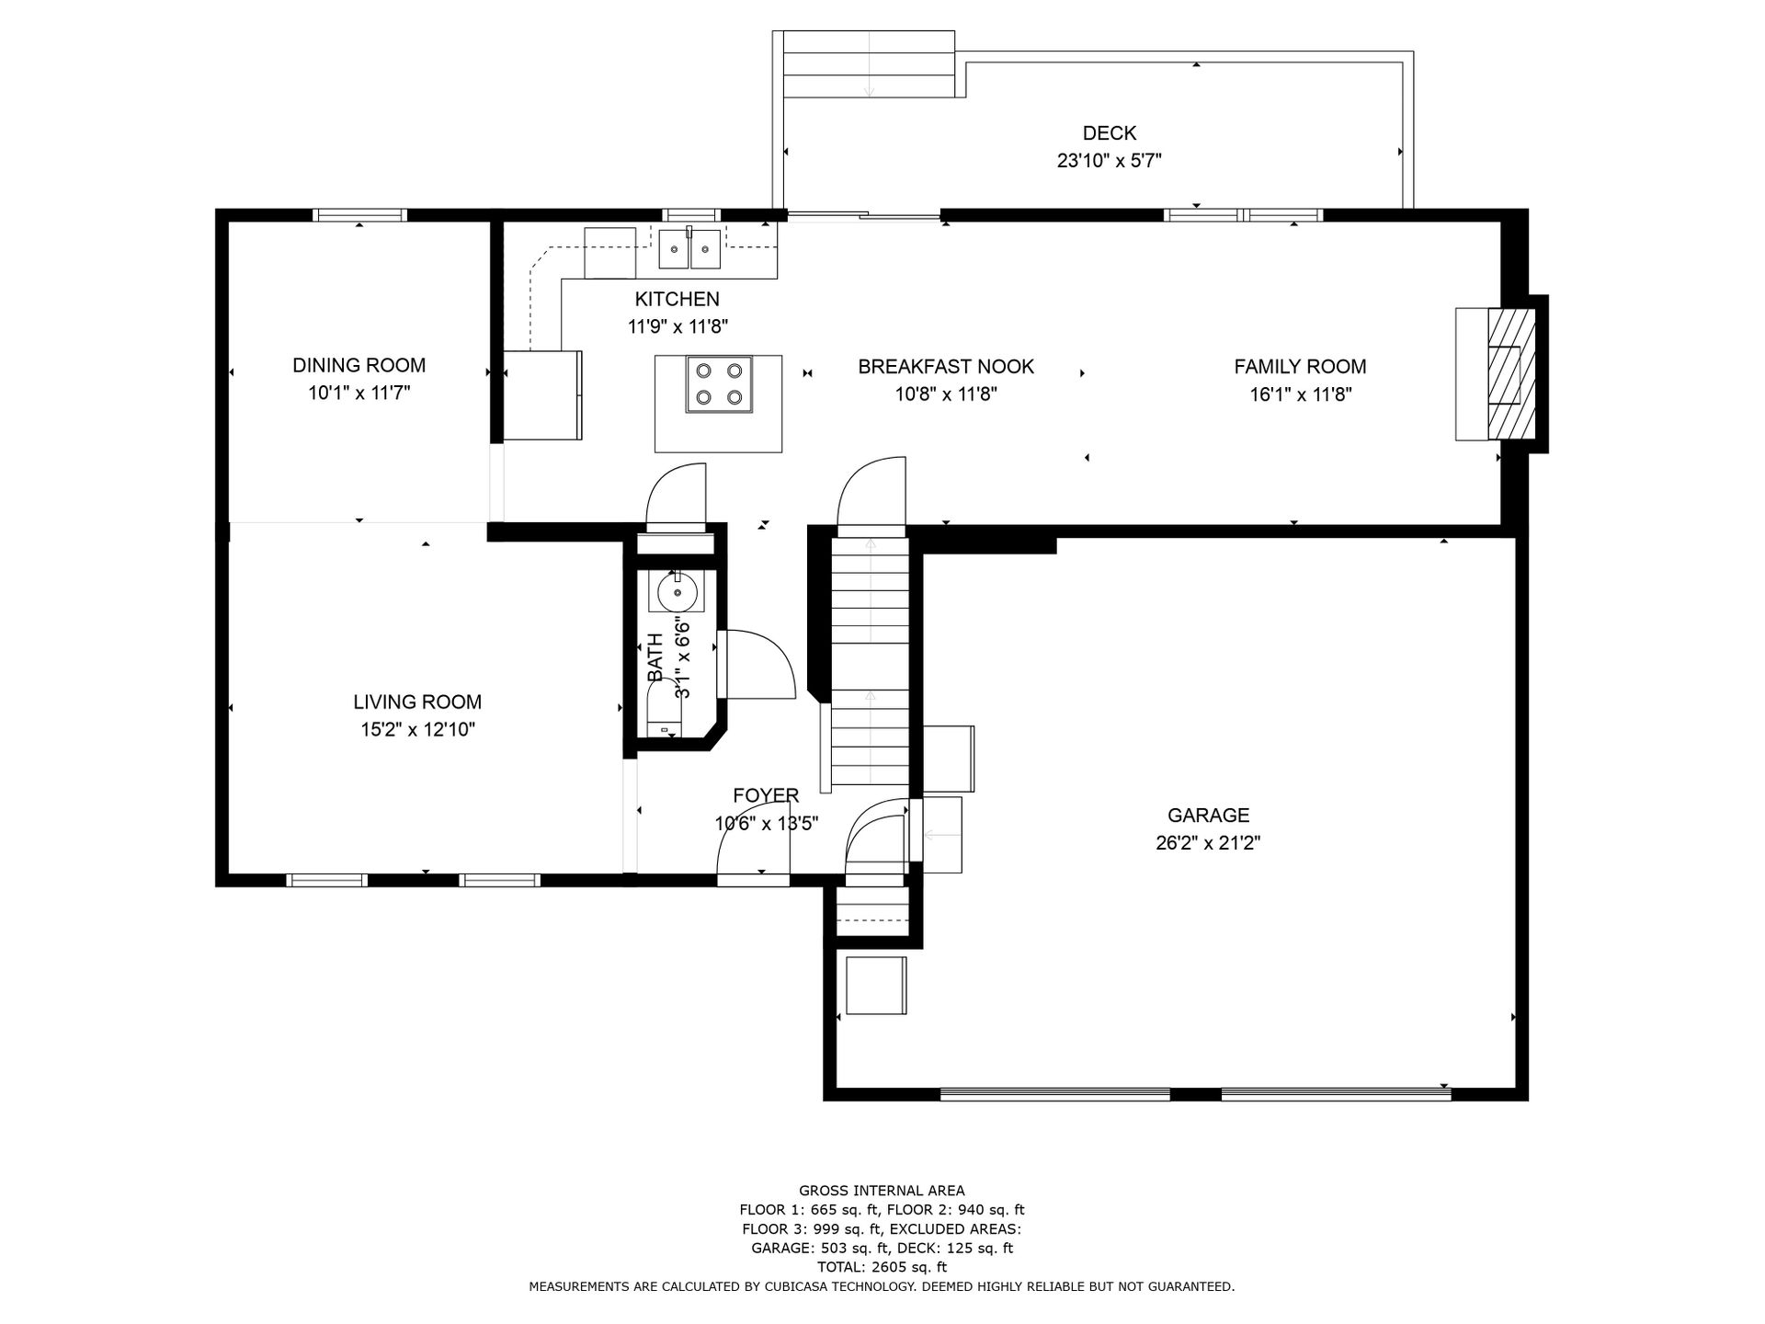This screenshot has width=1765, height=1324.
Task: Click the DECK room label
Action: tap(1110, 132)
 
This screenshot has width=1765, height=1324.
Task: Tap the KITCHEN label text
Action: tap(677, 299)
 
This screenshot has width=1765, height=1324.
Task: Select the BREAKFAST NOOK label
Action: tap(946, 367)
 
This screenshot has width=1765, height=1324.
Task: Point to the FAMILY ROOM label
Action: tap(1300, 367)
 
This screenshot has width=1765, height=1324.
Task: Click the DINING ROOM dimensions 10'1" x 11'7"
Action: tap(359, 394)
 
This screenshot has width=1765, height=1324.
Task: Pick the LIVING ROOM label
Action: tap(417, 702)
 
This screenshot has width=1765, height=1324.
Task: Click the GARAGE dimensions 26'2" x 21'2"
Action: tap(1208, 843)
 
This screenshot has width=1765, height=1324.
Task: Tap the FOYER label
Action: tap(766, 795)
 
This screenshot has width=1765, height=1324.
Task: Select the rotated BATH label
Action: tap(655, 657)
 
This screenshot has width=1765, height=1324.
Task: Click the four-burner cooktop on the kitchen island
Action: tap(718, 384)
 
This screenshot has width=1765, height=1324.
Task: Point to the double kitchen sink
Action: tap(689, 249)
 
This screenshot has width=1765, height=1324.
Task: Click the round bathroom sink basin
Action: tap(678, 591)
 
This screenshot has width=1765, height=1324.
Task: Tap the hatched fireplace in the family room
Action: tap(1512, 374)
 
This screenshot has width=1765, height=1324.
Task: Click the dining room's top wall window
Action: tap(359, 215)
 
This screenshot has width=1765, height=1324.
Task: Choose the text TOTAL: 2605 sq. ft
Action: tap(882, 1267)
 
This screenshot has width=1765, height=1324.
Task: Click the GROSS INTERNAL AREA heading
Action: tap(882, 1191)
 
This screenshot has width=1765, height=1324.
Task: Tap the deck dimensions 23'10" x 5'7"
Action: tap(1110, 161)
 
